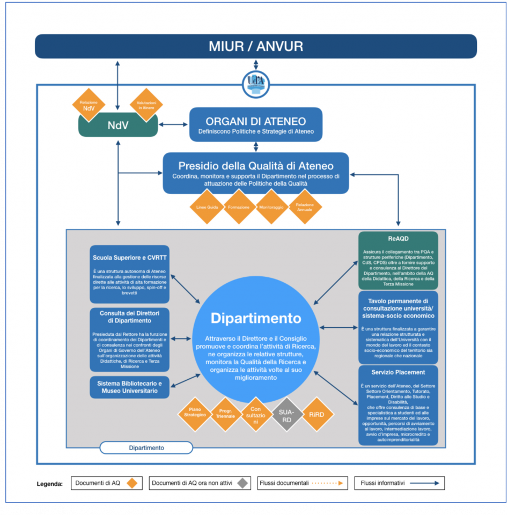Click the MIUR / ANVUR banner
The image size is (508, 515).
click(256, 46)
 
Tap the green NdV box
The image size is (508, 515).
click(118, 126)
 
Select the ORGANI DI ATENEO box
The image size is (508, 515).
click(256, 124)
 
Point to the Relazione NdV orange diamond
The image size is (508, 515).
click(89, 105)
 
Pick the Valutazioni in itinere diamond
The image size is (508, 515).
click(146, 105)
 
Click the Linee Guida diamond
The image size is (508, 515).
click(205, 207)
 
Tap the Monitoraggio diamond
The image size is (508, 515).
click(272, 207)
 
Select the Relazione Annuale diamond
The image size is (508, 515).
click(305, 207)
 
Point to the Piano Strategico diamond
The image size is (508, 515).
click(195, 415)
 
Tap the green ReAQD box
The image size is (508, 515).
click(398, 260)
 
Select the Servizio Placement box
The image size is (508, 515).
click(398, 405)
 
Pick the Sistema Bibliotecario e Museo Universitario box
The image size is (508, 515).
click(130, 387)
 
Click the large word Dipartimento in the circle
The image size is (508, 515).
click(256, 318)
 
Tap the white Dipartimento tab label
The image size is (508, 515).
click(146, 447)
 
